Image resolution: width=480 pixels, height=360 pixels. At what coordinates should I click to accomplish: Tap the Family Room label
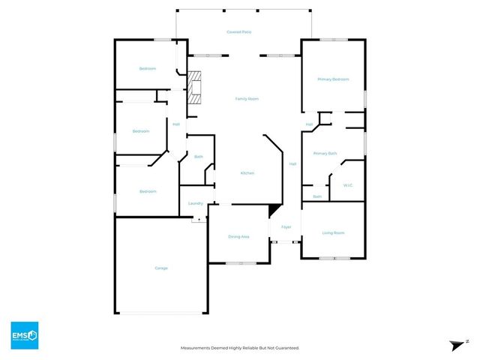[x=247, y=98]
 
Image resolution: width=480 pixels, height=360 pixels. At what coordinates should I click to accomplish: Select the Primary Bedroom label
[x=333, y=79]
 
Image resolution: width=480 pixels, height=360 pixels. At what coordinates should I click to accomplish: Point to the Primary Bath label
[x=325, y=153]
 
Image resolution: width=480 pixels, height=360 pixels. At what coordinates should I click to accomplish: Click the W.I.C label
[x=347, y=184]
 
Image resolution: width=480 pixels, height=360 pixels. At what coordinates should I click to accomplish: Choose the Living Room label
[x=333, y=233]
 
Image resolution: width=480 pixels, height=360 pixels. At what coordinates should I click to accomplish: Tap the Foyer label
[x=286, y=227]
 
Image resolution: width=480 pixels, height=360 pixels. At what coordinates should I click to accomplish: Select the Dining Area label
[x=238, y=237]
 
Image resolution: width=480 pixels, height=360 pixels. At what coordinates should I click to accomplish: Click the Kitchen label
[x=247, y=173]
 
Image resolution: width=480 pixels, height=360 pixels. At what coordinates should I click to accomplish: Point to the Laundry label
[x=196, y=203]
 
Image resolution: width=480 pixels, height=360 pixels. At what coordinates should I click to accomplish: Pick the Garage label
[x=161, y=268]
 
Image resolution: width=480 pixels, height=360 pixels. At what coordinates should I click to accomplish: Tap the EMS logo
[x=24, y=334]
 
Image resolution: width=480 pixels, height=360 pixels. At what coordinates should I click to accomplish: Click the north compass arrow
[x=457, y=344]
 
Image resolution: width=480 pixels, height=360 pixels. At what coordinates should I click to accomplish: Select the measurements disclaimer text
[x=240, y=348]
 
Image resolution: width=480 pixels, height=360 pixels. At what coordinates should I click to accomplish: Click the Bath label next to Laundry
[x=198, y=157]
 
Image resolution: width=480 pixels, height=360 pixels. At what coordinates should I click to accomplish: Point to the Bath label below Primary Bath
[x=317, y=196]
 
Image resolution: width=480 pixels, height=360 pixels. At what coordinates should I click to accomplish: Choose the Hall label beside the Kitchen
[x=292, y=163]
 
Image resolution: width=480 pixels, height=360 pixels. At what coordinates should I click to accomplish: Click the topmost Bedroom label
[x=147, y=69]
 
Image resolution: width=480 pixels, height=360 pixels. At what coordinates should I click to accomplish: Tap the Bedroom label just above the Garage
[x=148, y=191]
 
